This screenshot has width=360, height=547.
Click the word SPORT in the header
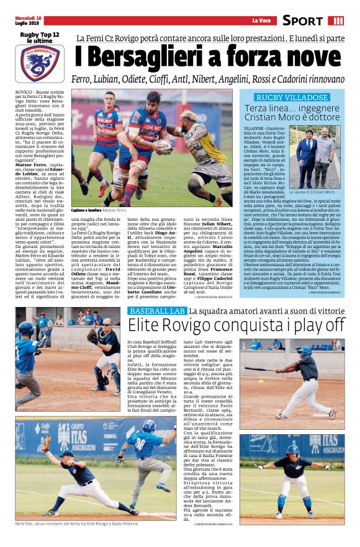tap(302, 20)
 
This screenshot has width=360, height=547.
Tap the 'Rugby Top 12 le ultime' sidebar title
tap(40, 37)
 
